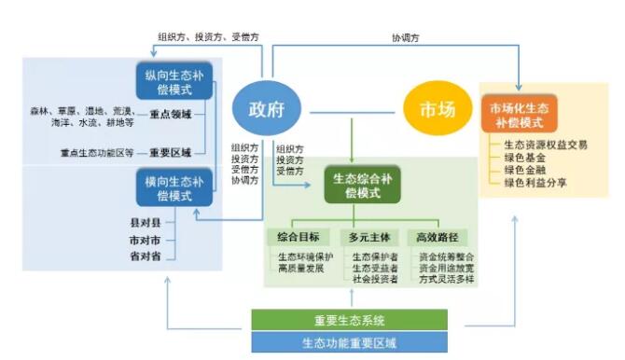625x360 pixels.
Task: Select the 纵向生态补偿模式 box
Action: click(174, 81)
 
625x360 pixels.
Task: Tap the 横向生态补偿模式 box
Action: click(174, 188)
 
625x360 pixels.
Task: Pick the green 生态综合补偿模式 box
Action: click(362, 185)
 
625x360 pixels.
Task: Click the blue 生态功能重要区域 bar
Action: click(349, 342)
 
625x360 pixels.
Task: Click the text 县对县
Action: click(146, 223)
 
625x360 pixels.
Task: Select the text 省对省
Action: click(146, 256)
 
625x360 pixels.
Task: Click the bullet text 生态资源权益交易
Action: click(545, 145)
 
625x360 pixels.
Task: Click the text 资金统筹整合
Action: click(447, 255)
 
